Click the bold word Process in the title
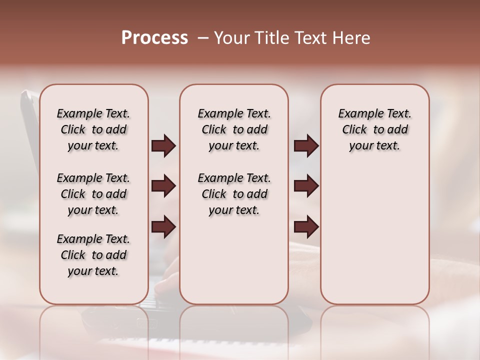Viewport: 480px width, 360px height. (x=154, y=37)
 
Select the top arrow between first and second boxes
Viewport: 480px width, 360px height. (x=163, y=146)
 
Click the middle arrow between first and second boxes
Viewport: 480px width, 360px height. (x=163, y=186)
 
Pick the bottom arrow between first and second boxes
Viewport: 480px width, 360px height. (x=163, y=227)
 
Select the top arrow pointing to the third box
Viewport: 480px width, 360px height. (x=306, y=146)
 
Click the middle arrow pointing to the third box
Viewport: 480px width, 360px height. (x=306, y=186)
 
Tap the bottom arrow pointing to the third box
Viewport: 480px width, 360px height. (x=306, y=227)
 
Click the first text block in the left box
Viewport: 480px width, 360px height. (x=93, y=129)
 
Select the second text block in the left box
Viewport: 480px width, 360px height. (x=93, y=194)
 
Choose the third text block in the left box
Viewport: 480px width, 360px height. (x=93, y=255)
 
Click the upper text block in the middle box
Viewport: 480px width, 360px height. (x=234, y=129)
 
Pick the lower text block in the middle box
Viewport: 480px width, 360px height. (x=234, y=194)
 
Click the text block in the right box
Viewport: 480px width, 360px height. (x=375, y=129)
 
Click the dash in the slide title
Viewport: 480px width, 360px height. (x=202, y=38)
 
